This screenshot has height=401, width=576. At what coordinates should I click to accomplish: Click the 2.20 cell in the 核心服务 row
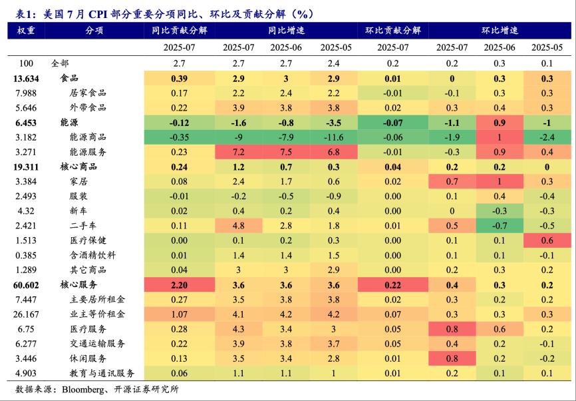pos(178,285)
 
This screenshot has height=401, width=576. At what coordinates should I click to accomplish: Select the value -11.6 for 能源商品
pos(331,137)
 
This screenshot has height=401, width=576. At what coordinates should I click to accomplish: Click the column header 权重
pos(26,30)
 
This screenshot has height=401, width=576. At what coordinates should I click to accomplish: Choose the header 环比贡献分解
pos(392,30)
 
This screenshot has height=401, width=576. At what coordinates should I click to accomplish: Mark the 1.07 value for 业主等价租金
pos(178,314)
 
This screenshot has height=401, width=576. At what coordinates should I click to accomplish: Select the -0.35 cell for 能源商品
pos(178,137)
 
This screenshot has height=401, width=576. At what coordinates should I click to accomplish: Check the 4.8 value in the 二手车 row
pos(238,226)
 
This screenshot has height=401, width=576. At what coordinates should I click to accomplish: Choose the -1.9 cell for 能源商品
pos(452,137)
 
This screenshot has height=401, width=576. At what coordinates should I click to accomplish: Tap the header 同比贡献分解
pos(178,30)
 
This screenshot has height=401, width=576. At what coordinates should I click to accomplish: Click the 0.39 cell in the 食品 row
pos(178,78)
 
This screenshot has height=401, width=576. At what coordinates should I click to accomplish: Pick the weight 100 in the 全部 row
pos(26,63)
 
